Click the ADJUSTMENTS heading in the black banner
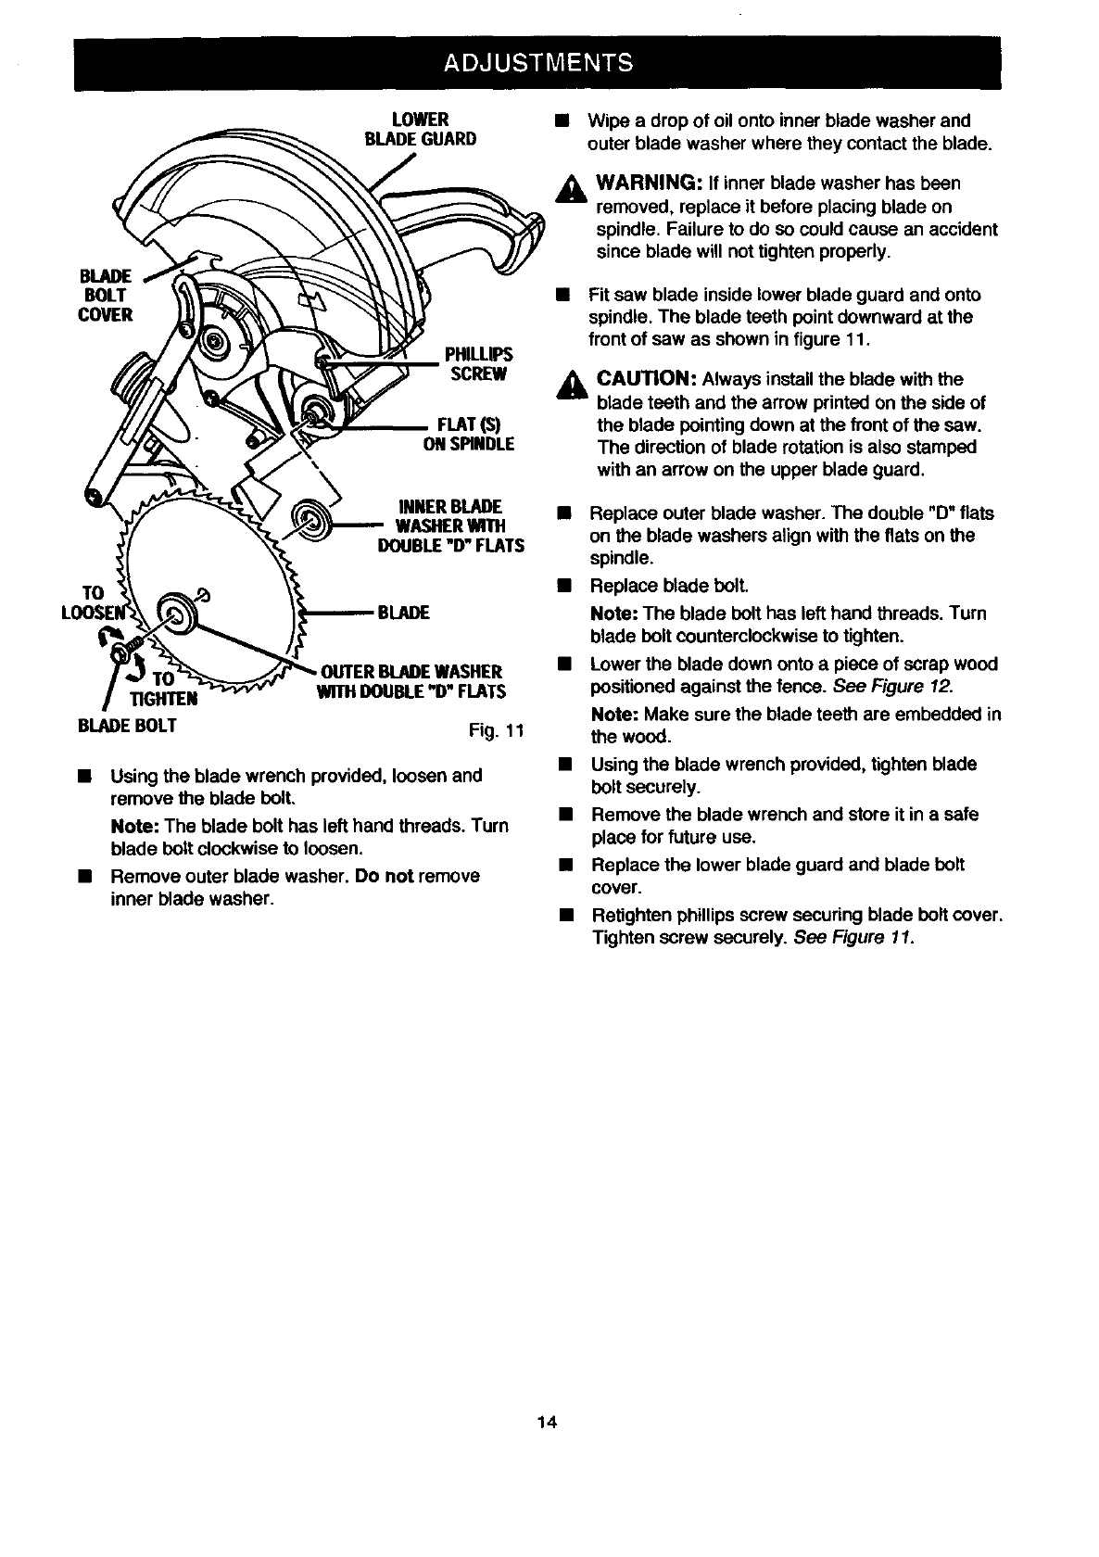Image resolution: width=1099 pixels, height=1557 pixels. [538, 63]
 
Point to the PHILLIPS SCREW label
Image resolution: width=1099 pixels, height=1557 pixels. [478, 364]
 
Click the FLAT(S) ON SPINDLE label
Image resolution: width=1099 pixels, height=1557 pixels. [469, 435]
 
